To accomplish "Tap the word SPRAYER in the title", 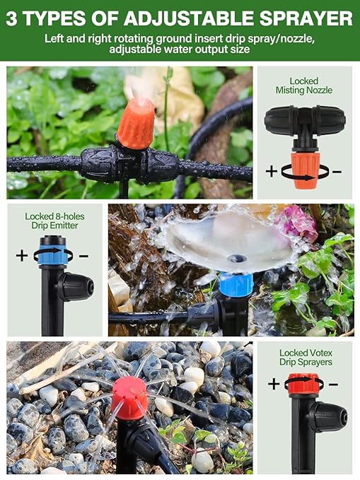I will (307, 17).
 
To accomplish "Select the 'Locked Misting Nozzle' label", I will (304, 86).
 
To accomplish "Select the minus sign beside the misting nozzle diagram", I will (337, 171).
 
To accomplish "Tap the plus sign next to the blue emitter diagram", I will (22, 255).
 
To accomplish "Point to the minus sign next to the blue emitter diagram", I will (83, 255).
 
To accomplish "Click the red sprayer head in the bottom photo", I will (129, 397).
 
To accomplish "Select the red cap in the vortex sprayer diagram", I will (304, 385).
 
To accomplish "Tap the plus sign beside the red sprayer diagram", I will (274, 384).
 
